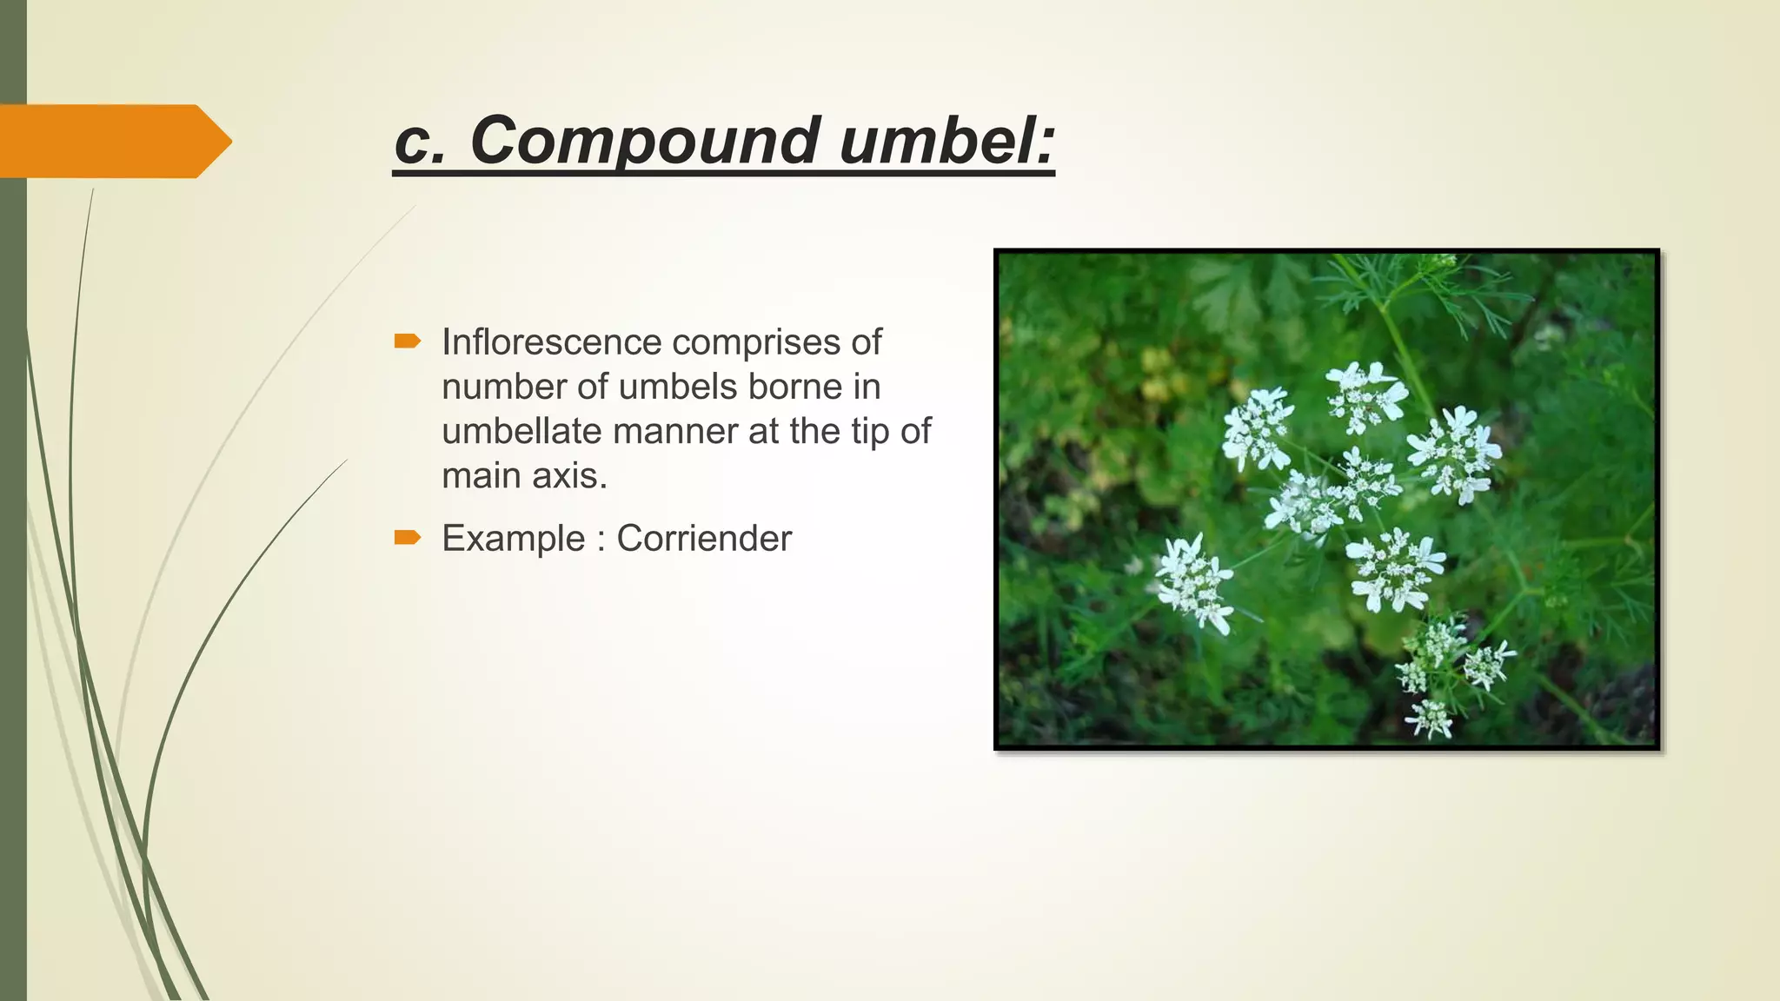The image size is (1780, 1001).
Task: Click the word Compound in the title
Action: tap(643, 141)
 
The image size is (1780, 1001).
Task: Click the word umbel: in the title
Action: tap(946, 141)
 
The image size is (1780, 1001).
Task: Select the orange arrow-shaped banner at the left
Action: tap(113, 141)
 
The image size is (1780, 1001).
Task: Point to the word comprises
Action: tap(758, 342)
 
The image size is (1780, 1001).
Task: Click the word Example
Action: tap(513, 539)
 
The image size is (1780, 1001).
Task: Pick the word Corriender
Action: tap(704, 539)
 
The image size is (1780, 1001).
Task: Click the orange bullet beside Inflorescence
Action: tap(407, 341)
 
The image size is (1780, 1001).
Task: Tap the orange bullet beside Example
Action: tap(407, 538)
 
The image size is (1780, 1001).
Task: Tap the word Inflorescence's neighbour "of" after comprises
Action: tap(866, 342)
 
